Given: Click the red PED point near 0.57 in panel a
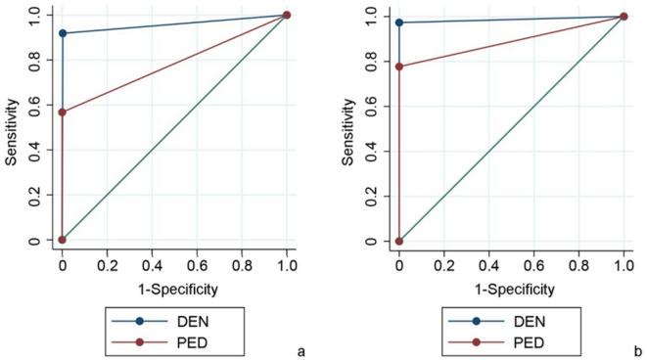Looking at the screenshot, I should pyautogui.click(x=63, y=112).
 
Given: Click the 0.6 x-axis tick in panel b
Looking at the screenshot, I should pyautogui.click(x=533, y=264).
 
